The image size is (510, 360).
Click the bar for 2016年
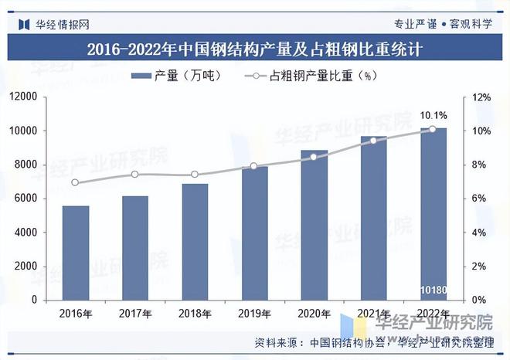[x=76, y=253]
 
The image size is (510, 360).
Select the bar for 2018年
[x=195, y=242]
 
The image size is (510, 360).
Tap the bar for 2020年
[x=314, y=225]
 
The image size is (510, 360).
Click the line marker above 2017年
[x=135, y=175]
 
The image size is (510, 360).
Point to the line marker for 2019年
[x=254, y=166]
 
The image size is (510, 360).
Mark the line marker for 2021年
[x=373, y=141]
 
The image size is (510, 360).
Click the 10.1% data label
[x=433, y=115]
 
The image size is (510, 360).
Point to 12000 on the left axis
[x=23, y=97]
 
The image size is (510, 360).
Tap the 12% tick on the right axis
[x=481, y=97]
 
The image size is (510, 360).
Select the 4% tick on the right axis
[x=479, y=233]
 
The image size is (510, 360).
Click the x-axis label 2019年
[x=254, y=313]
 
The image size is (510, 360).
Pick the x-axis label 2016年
[x=76, y=313]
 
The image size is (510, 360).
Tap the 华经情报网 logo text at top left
[x=62, y=23]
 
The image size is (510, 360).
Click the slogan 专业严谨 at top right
[x=415, y=23]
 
